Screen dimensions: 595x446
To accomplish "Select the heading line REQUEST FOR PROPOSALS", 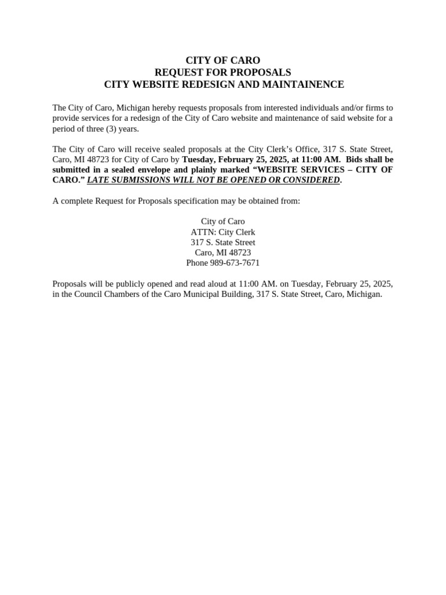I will click(x=222, y=73).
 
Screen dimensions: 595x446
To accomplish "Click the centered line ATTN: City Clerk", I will click(x=222, y=232).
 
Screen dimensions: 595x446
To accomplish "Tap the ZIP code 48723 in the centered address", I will click(x=239, y=253).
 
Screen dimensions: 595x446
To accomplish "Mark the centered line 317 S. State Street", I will click(x=222, y=242).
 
